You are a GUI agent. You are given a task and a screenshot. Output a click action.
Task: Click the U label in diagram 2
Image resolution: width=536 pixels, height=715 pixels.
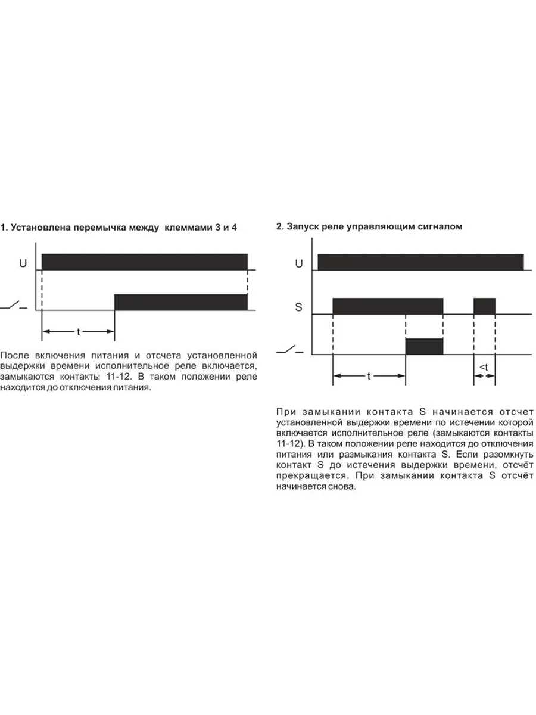coord(299,263)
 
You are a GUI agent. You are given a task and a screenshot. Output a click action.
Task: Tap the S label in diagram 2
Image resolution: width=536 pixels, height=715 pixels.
coord(299,307)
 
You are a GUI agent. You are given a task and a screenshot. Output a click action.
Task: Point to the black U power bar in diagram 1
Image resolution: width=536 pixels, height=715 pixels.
coord(144,262)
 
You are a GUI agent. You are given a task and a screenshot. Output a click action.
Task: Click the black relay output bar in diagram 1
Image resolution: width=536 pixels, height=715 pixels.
coord(180,302)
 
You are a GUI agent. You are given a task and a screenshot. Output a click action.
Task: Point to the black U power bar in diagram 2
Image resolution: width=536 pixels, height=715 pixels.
coord(420,262)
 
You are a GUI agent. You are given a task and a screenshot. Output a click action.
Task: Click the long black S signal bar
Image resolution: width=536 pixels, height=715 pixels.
coord(388,306)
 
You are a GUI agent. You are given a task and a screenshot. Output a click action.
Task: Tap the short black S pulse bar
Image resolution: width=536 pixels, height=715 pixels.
coord(484,306)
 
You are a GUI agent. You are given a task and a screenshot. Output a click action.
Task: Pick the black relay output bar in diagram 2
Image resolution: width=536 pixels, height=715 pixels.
coord(424,346)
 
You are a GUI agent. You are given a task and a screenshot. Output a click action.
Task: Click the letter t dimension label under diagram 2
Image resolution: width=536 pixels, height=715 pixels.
coord(369,376)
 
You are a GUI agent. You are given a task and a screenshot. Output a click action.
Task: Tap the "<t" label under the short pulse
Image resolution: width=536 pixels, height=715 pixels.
coord(484,368)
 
